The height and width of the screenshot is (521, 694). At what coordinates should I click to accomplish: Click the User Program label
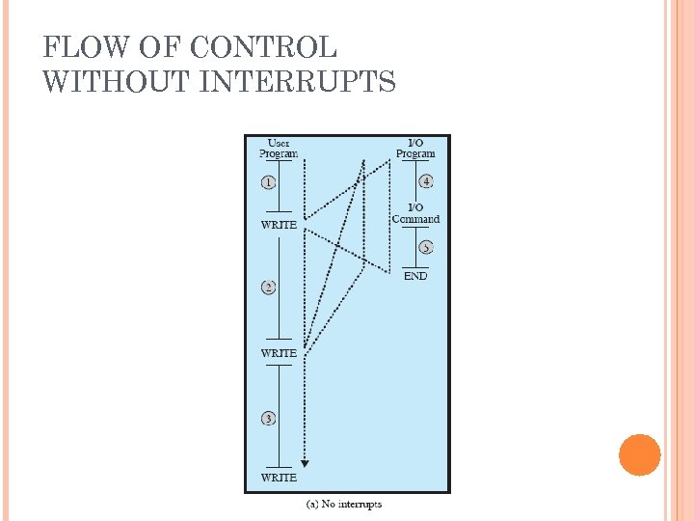click(279, 148)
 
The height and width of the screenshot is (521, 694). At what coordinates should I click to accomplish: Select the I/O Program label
click(415, 148)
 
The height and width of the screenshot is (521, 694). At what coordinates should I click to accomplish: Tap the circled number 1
click(269, 182)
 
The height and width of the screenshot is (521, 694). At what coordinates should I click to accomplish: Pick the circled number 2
click(269, 287)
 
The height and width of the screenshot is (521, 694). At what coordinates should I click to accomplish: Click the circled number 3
click(269, 418)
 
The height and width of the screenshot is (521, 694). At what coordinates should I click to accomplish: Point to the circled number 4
click(425, 181)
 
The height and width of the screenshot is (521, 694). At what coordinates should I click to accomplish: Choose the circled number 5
click(425, 247)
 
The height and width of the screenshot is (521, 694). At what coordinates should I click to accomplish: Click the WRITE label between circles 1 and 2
click(279, 225)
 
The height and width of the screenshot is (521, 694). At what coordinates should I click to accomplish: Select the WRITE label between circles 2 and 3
click(279, 353)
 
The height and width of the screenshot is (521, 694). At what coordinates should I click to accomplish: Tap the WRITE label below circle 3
click(279, 478)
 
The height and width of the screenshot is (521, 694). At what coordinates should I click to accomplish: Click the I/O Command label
click(415, 213)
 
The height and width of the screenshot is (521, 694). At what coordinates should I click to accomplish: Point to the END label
click(415, 276)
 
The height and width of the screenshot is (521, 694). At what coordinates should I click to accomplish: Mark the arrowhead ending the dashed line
click(305, 463)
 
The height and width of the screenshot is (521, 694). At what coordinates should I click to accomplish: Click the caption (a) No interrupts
click(344, 505)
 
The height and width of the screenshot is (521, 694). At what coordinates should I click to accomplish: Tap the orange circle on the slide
click(640, 454)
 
